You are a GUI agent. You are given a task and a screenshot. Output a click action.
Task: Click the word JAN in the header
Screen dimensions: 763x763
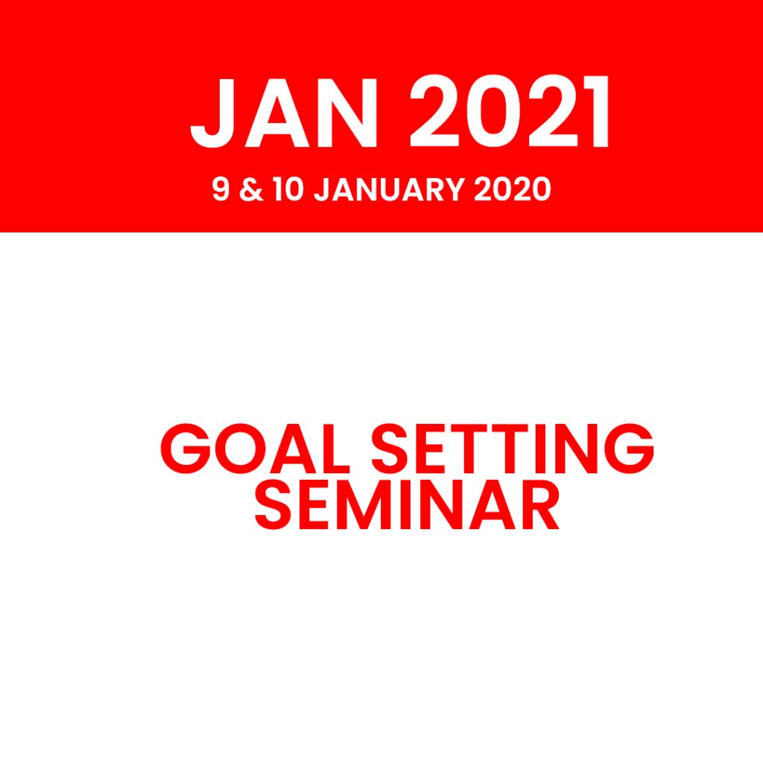(x=284, y=112)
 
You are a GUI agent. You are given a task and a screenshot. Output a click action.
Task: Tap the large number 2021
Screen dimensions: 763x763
(x=509, y=112)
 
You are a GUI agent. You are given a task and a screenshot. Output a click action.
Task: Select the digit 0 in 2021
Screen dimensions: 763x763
(x=495, y=112)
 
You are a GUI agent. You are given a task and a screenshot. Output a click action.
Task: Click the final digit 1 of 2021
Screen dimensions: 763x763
(x=597, y=112)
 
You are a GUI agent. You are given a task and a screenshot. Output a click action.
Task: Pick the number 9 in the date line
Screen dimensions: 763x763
(x=221, y=189)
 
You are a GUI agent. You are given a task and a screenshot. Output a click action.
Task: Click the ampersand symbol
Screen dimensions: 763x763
(x=251, y=189)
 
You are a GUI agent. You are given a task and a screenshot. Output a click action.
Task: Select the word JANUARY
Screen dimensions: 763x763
(x=388, y=189)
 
